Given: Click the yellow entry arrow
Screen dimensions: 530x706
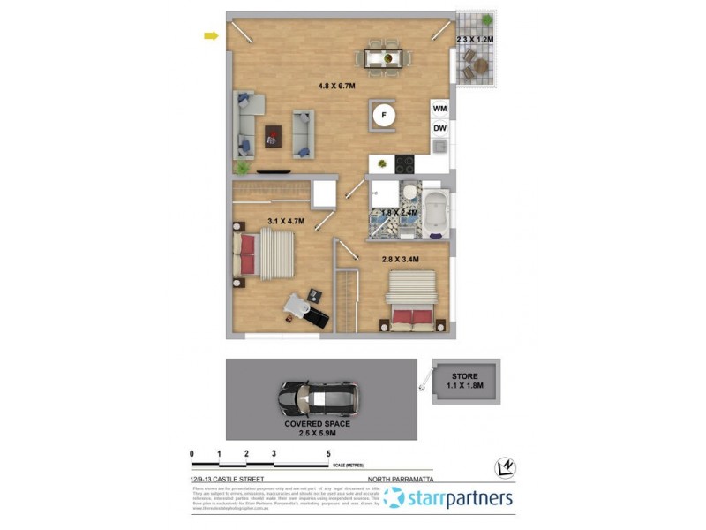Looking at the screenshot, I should (x=211, y=35).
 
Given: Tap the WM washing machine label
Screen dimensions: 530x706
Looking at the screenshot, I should (x=439, y=108).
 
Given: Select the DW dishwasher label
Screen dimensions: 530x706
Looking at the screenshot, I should (x=439, y=128).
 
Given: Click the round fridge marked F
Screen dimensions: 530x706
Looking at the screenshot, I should (x=385, y=115).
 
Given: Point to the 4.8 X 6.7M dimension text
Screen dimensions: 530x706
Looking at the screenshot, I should (x=336, y=86).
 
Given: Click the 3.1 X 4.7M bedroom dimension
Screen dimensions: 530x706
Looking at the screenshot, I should (x=286, y=222).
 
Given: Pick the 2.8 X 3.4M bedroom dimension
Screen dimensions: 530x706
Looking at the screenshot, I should (x=399, y=259).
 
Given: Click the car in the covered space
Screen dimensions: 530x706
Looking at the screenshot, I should (x=317, y=398).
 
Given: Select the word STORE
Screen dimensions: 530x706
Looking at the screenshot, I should (x=465, y=375).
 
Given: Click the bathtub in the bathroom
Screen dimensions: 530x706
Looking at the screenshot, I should (x=437, y=212).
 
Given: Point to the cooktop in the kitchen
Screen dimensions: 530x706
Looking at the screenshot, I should (x=404, y=163).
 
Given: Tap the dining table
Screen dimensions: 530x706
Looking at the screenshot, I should (x=384, y=58).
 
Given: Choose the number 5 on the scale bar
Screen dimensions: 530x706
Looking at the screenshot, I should (x=328, y=453).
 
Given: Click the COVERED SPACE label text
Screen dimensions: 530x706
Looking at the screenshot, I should (x=317, y=424).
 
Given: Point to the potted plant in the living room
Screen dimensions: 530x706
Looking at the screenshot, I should (x=243, y=167).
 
